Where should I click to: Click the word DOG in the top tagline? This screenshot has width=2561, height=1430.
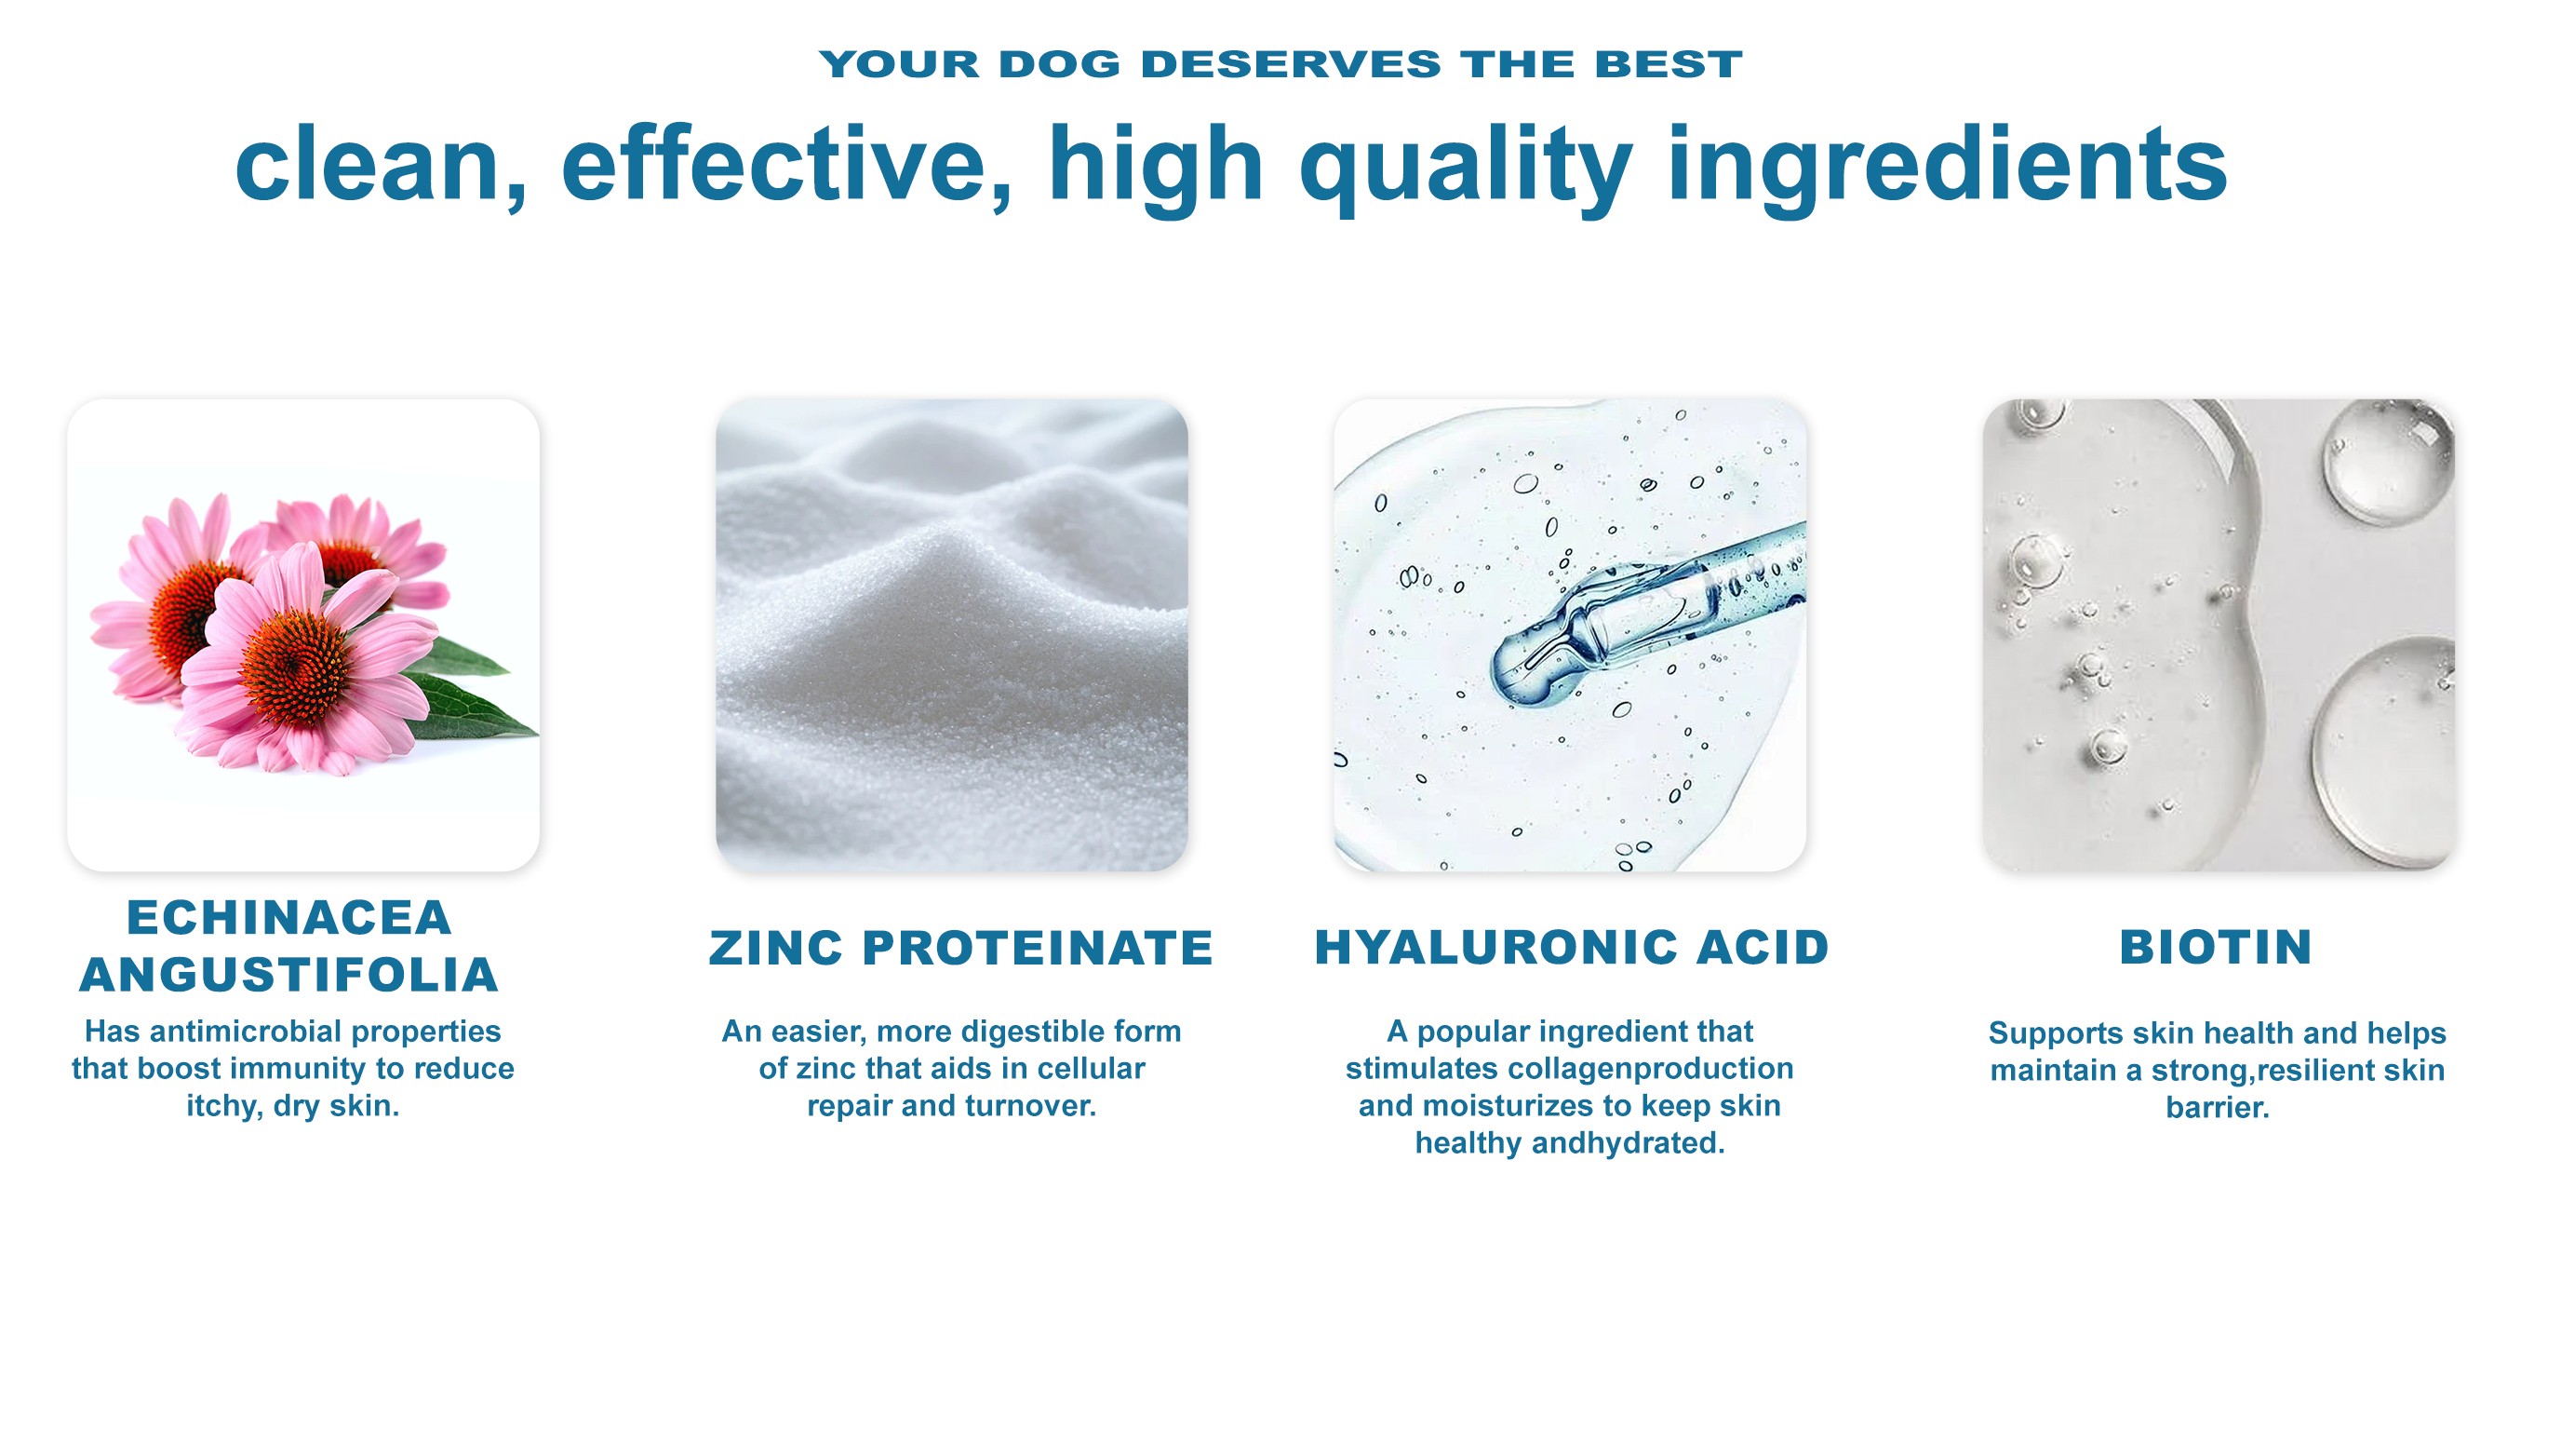click(x=1060, y=64)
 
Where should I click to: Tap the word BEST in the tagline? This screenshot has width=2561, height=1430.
click(x=1669, y=64)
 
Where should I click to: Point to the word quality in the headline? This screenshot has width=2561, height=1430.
click(x=1466, y=169)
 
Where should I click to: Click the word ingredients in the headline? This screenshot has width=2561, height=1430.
click(x=1947, y=169)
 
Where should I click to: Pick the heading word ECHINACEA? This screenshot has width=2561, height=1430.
click(x=289, y=917)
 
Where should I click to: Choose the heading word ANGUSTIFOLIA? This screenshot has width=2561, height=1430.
click(x=289, y=975)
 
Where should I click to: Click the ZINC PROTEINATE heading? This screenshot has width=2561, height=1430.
click(x=960, y=947)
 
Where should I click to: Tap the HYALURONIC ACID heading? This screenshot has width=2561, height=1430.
click(x=1572, y=947)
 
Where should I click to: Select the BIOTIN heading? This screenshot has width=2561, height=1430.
click(x=2216, y=947)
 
